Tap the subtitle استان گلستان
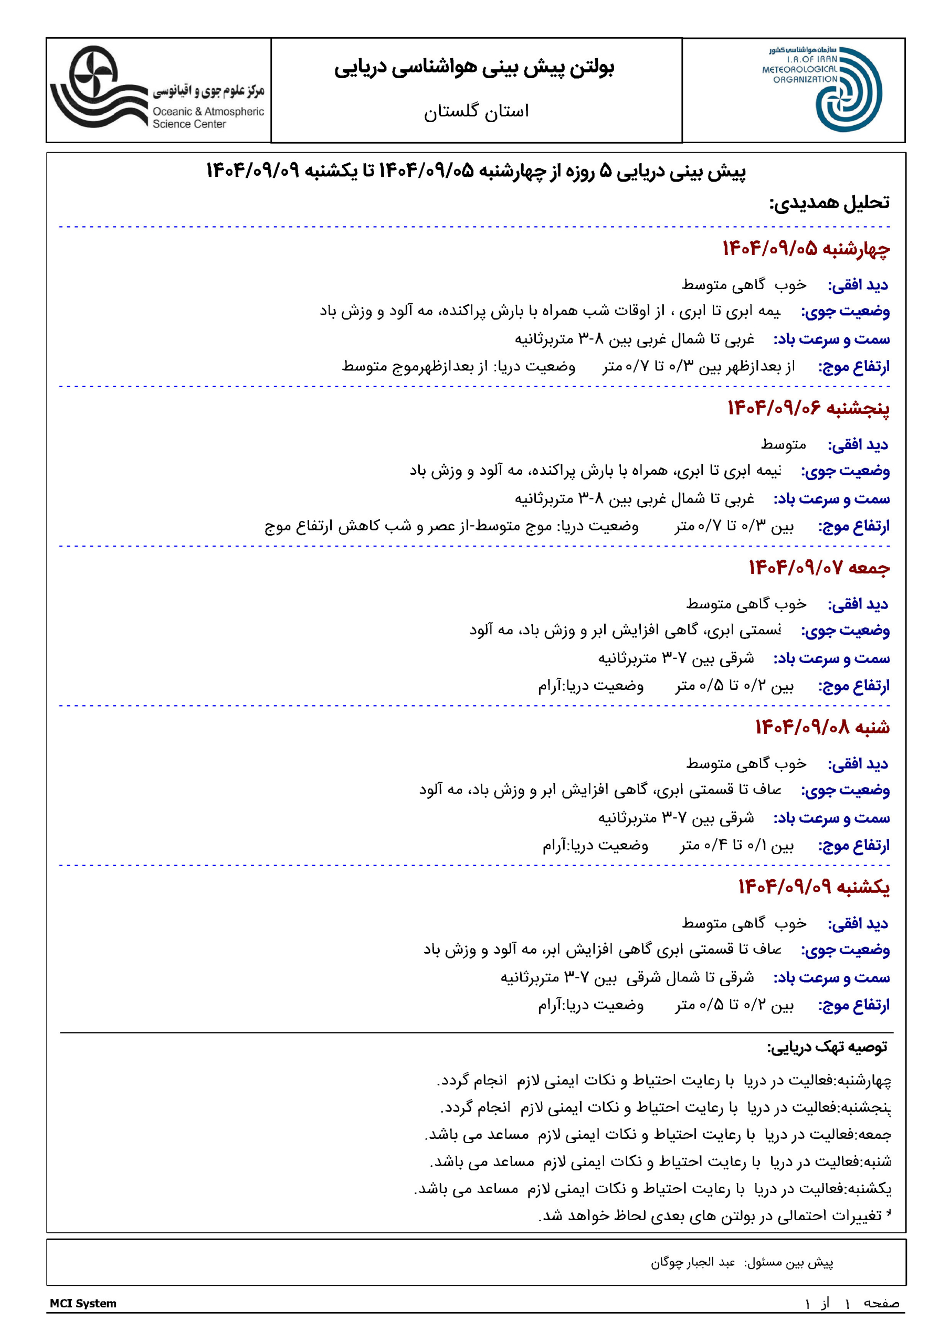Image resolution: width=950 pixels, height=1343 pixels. [x=476, y=111]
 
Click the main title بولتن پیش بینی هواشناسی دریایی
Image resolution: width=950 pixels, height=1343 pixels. [x=474, y=68]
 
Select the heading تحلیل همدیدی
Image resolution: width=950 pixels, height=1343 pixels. [x=829, y=203]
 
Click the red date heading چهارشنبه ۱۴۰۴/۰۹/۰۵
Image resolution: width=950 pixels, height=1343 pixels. [x=806, y=249]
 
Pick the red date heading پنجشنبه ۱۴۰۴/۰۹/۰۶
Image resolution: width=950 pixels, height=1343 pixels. [x=808, y=408]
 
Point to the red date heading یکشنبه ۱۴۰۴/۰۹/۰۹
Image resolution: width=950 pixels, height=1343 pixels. [x=813, y=887]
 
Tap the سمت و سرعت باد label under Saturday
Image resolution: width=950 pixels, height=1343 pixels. [x=831, y=818]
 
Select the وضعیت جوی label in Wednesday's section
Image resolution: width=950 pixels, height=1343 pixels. [x=845, y=312]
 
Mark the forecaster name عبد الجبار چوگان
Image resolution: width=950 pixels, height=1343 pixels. [x=692, y=1262]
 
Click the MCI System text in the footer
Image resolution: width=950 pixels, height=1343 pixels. [x=83, y=1303]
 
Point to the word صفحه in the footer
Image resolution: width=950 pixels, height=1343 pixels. [x=882, y=1303]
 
